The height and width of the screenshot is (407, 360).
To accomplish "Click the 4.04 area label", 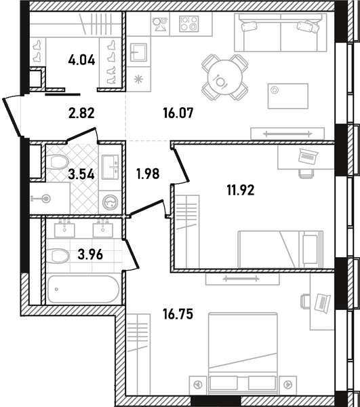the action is pos(82,60).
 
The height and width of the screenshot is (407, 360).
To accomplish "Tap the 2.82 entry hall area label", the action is pos(81,113).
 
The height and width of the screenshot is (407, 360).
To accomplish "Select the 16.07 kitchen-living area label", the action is pos(178,113).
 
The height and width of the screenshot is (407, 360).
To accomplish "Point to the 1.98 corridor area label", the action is pos(148,174).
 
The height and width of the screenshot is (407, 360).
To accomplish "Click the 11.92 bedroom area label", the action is pos(241,190).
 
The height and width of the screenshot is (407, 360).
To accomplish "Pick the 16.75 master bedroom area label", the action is pos(178,314).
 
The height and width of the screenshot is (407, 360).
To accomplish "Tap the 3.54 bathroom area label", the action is pos(81,174).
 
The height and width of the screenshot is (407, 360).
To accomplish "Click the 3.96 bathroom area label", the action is pos(90,254).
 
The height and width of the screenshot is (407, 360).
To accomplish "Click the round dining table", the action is pos(225,77).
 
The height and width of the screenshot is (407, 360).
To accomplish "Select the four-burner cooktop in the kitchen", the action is pos(189,24).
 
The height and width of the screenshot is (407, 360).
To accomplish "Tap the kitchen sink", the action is pos(138,52).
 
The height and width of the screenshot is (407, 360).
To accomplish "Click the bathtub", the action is pos(83,289).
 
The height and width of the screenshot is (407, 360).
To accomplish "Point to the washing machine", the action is pos(110,202).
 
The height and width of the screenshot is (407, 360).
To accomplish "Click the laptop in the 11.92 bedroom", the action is pos(308,156).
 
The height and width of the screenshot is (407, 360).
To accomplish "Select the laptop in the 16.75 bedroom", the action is pos(323,303).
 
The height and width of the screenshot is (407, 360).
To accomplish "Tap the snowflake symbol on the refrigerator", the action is pos(138,79).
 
